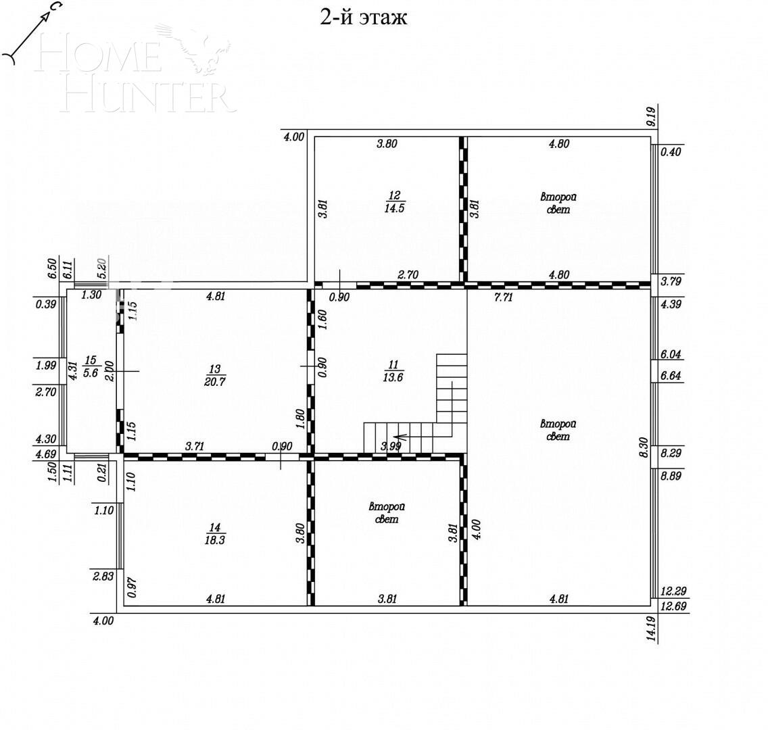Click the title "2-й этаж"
click(x=363, y=17)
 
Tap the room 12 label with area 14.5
click(x=395, y=201)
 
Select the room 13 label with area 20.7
click(x=215, y=376)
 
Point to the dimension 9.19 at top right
click(x=651, y=118)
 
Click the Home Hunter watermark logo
click(x=142, y=74)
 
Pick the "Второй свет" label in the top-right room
click(x=558, y=203)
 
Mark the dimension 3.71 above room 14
click(x=196, y=446)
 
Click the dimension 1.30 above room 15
click(x=92, y=295)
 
